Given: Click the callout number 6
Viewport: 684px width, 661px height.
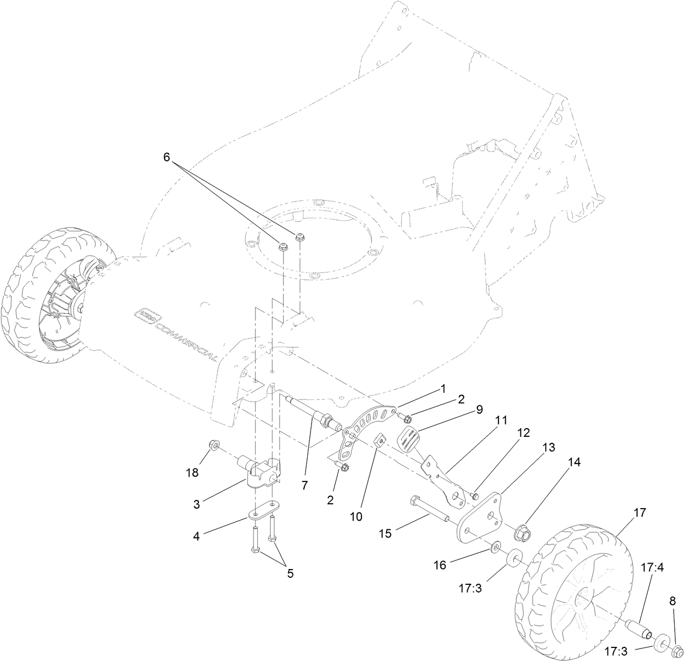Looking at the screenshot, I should (x=166, y=157).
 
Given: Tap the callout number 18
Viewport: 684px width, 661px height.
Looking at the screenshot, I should (x=192, y=473).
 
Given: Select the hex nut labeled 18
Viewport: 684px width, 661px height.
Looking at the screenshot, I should (x=214, y=446).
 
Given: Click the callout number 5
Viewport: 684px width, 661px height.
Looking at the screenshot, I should (x=290, y=573).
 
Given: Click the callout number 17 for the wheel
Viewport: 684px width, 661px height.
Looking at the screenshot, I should (x=639, y=512).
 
